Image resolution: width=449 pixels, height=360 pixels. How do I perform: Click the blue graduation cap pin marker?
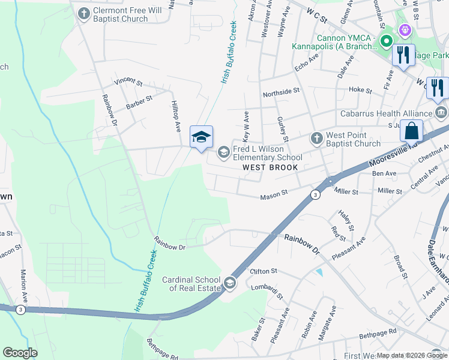point(201,137)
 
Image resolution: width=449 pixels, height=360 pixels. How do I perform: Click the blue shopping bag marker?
point(412,130)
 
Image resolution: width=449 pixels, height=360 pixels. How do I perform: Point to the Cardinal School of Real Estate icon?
point(229,283)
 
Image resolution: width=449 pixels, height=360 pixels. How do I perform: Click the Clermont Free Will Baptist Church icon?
point(83,12)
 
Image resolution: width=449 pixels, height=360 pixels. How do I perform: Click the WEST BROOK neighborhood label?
point(270,167)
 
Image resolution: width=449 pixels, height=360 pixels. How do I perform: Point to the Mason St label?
point(274,196)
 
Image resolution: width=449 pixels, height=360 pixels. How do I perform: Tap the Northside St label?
point(281,91)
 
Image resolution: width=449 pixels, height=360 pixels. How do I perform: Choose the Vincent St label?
point(128,80)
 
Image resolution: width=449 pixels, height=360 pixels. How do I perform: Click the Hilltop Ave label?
point(177,116)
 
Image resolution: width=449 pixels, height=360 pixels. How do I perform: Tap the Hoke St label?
point(360,89)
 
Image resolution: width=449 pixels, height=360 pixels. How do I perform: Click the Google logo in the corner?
point(20,353)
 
